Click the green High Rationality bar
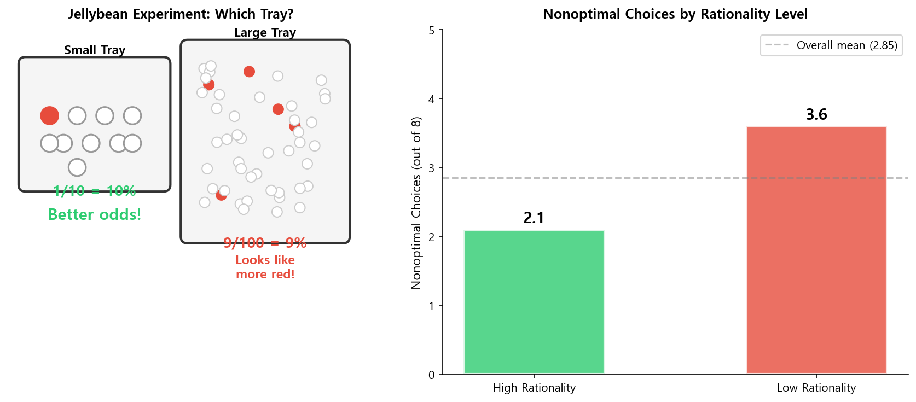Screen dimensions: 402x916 (534, 302)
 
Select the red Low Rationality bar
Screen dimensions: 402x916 (816, 250)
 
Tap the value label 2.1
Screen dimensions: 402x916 (534, 218)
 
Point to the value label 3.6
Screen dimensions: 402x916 (816, 114)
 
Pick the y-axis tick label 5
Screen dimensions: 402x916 (432, 31)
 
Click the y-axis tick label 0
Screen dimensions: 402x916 (432, 375)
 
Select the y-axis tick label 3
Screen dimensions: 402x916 (432, 168)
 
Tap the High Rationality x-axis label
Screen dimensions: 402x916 (534, 388)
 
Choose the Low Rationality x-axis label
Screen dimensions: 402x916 (816, 388)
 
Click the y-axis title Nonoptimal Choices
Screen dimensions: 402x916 (416, 202)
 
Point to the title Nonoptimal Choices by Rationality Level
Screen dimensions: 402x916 (675, 14)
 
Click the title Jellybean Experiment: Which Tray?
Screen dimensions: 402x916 (181, 14)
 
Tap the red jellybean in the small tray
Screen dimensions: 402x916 (49, 115)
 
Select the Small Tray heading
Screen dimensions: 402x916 (95, 50)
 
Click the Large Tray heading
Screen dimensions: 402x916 (265, 33)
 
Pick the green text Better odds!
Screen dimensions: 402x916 (95, 214)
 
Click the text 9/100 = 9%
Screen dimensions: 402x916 (265, 243)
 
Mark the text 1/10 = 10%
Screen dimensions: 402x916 (95, 191)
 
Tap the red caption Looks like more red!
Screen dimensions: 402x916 (265, 267)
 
